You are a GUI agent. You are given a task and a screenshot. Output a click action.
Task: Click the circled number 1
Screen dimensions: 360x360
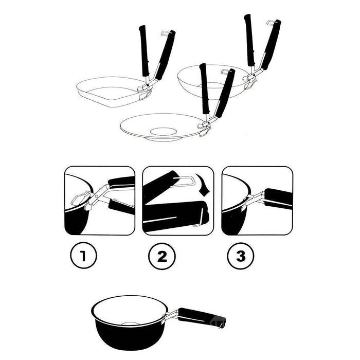[83, 255]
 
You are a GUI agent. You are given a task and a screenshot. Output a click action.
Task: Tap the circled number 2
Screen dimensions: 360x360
[162, 256]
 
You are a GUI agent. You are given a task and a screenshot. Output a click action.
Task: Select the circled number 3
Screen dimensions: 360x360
[241, 256]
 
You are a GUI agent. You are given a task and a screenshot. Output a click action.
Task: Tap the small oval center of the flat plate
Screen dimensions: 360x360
[163, 132]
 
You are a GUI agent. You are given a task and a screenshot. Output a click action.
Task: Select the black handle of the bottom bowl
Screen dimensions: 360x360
[202, 316]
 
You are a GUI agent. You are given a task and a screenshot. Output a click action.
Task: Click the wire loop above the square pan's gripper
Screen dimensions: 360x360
[165, 34]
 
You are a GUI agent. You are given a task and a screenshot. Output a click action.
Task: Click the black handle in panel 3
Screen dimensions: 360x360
[278, 199]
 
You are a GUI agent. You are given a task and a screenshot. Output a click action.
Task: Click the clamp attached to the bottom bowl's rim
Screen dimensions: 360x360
[169, 316]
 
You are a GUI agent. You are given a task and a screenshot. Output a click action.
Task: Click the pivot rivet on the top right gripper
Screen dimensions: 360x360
[254, 75]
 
